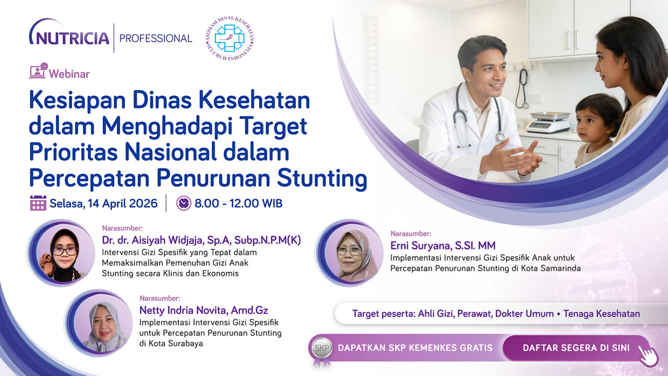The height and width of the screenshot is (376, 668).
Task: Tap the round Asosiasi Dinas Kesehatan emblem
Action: coord(230,39)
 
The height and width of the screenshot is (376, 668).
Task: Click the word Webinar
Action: coord(69,74)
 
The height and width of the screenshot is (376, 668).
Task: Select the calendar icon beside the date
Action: coord(38,203)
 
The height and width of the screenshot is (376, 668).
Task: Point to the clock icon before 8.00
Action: coord(184,203)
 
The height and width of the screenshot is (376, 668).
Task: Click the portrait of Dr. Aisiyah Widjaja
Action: coord(62,253)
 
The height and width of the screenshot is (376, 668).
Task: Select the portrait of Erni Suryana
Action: coord(350,253)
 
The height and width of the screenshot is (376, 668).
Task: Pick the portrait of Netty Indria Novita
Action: coord(100,323)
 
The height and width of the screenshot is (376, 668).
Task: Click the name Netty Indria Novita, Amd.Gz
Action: coord(204,310)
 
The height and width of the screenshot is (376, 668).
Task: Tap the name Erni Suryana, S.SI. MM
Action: coord(443,246)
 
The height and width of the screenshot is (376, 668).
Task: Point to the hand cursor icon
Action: coord(648,356)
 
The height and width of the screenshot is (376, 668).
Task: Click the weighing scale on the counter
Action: coord(548,122)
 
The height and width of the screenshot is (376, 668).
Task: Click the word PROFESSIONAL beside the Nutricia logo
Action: coord(156,39)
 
